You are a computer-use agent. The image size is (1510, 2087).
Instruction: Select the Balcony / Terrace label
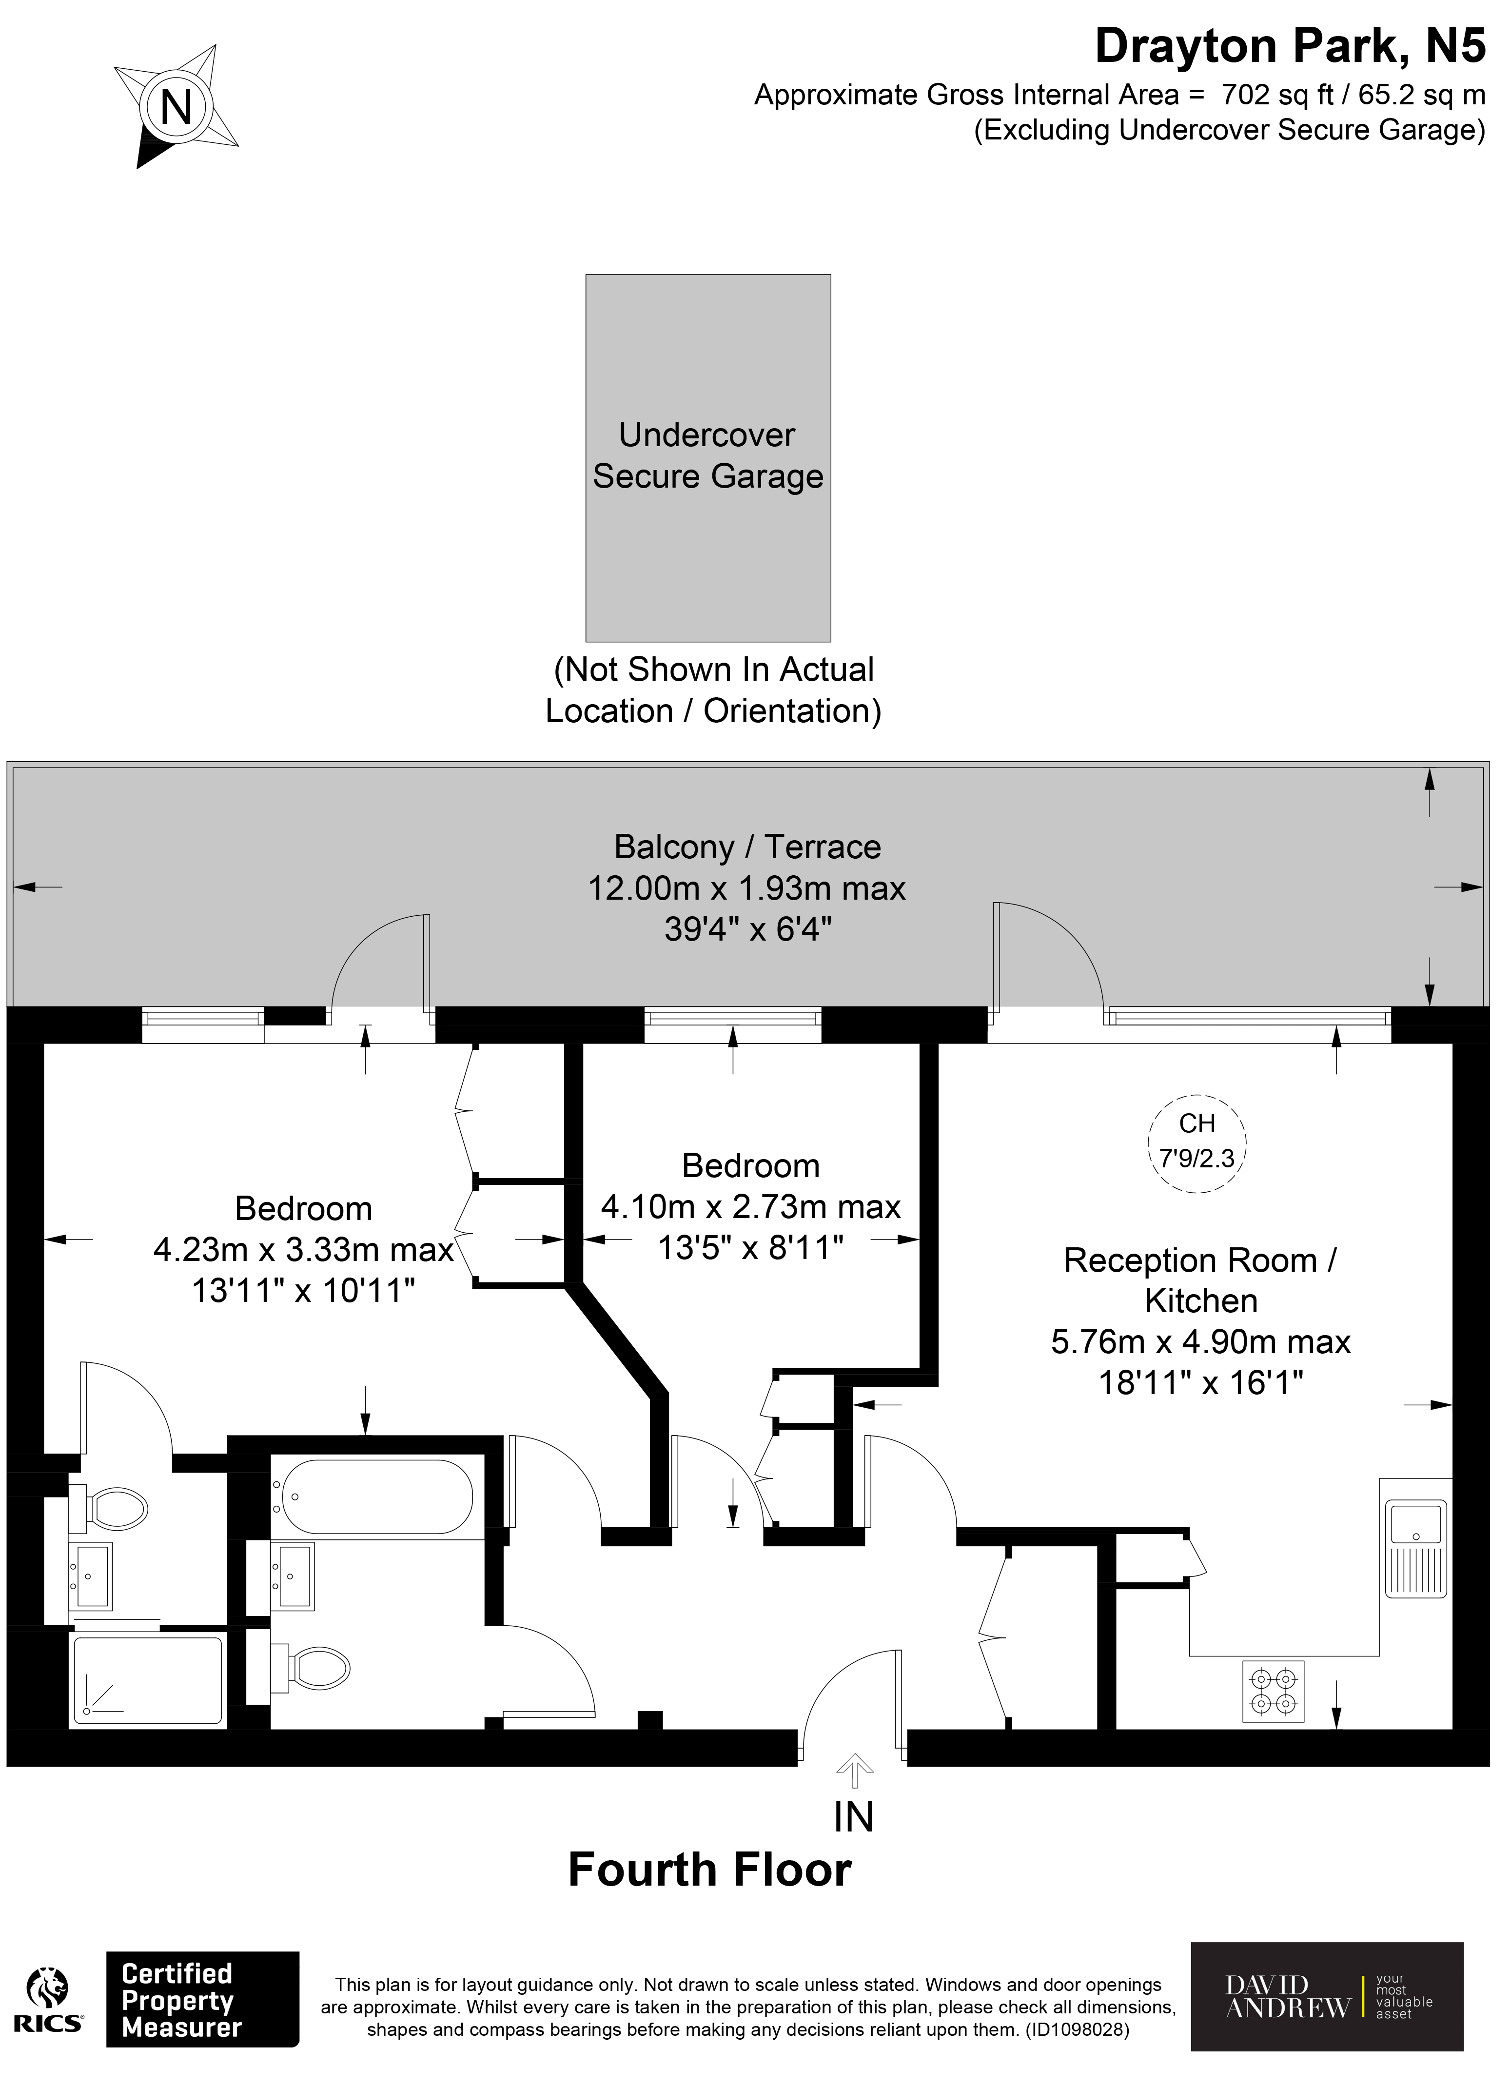click(747, 847)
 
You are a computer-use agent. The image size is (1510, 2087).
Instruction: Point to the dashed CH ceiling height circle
click(1196, 1144)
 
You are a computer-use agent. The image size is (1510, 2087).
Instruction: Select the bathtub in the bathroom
click(377, 1497)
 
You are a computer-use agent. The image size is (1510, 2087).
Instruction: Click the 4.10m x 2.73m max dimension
click(751, 1206)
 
